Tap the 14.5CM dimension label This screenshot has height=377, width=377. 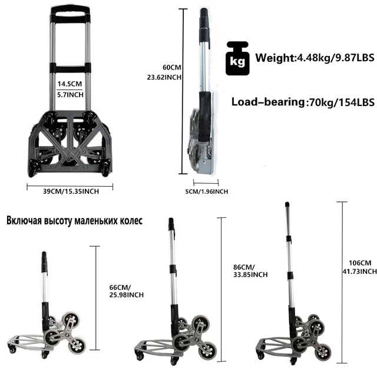71,84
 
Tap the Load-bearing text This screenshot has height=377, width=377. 268,101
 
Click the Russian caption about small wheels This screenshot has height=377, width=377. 75,221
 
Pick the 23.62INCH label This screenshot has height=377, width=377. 164,77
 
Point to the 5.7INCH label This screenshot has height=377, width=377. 71,94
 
